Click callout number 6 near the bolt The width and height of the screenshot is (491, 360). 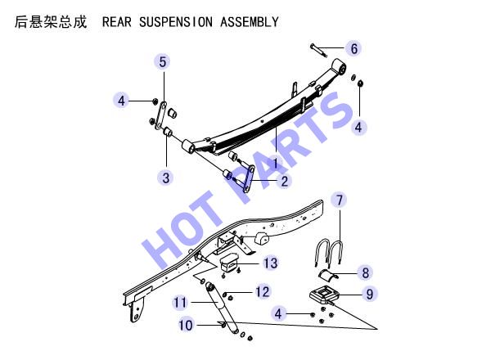pos(354,48)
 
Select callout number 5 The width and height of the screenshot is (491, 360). pos(163,61)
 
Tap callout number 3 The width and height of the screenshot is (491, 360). pos(166,178)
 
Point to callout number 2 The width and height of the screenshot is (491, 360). pos(284,181)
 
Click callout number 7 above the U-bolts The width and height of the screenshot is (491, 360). pos(340,200)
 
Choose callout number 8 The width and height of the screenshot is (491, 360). pos(365,272)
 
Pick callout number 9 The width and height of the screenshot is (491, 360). pos(370,294)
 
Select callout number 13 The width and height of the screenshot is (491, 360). pos(270,263)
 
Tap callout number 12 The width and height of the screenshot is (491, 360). pos(262,292)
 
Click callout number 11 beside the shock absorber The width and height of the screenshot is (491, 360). pos(180,303)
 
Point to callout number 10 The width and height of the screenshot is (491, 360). pos(186,325)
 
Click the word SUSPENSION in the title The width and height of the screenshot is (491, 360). pos(176,22)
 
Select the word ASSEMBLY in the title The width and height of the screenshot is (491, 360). pos(250,22)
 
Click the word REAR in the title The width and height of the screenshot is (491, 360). pos(116,22)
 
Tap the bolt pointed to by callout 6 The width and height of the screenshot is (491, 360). pos(319,51)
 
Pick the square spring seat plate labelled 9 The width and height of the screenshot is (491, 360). pos(322,295)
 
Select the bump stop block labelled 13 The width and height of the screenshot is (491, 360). pos(230,263)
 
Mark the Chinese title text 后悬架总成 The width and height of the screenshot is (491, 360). pos(51,22)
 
